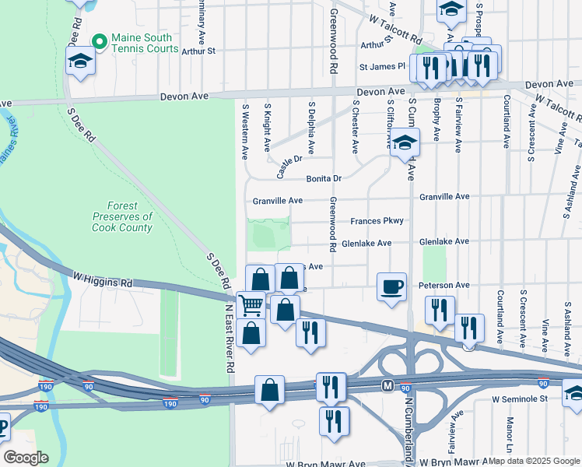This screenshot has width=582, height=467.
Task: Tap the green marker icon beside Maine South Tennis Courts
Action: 99,41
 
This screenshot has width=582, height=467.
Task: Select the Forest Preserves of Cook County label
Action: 122,216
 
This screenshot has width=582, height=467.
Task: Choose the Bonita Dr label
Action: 324,178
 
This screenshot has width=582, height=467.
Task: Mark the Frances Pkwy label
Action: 377,221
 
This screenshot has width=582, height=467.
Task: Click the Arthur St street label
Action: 198,51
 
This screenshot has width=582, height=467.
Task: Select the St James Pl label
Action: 391,67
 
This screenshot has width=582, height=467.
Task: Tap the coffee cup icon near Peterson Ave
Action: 391,286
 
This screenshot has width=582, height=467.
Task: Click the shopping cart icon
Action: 250,304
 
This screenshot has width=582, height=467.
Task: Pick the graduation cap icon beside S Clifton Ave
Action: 405,143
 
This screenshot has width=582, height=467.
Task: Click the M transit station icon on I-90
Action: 387,385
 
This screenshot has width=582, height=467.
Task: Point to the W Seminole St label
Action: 521,399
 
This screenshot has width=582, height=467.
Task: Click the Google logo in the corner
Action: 26,457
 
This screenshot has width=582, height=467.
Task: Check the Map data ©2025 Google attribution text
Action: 534,461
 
